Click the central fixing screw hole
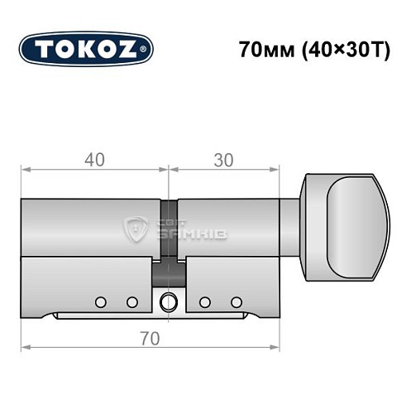[x=169, y=301]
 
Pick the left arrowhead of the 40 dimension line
[x=25, y=170]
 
